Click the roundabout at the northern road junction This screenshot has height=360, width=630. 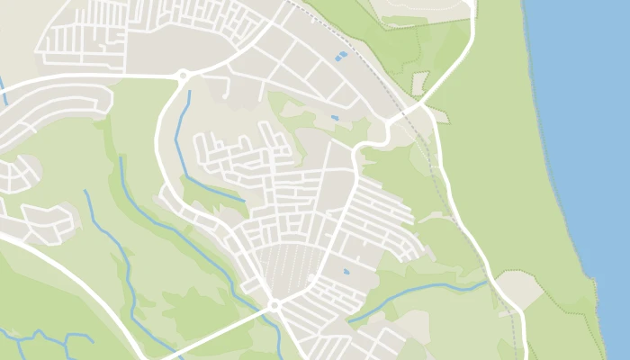(183, 76)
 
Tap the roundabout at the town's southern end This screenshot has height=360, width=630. (274, 306)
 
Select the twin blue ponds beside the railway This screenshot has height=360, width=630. (340, 56)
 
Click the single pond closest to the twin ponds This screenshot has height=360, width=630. (335, 117)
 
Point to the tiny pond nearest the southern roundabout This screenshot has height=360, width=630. (346, 271)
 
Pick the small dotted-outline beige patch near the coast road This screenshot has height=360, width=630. (419, 83)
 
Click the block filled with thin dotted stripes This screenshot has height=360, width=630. (288, 265)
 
